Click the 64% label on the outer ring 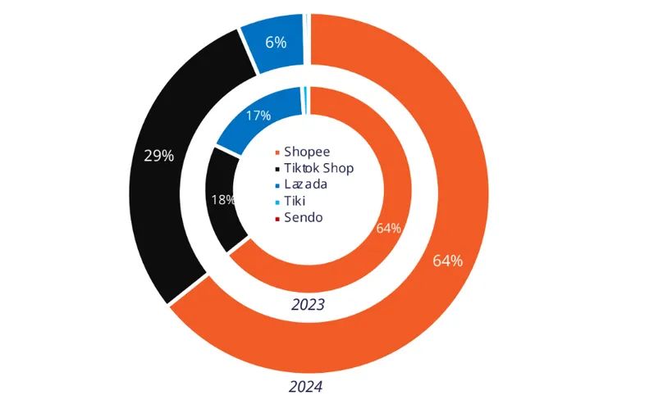pyautogui.click(x=447, y=261)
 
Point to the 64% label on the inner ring pyautogui.click(x=388, y=228)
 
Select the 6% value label pyautogui.click(x=276, y=43)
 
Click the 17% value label pyautogui.click(x=258, y=116)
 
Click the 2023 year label pyautogui.click(x=308, y=304)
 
